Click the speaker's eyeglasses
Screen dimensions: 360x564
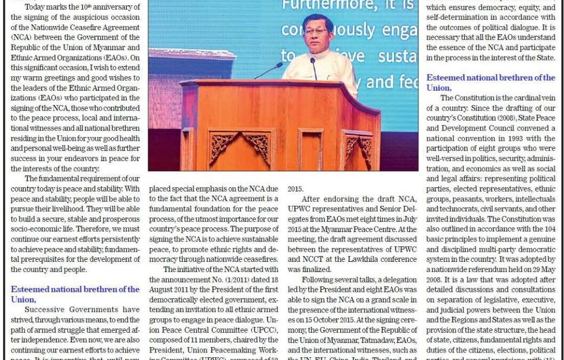(x=316, y=31)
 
